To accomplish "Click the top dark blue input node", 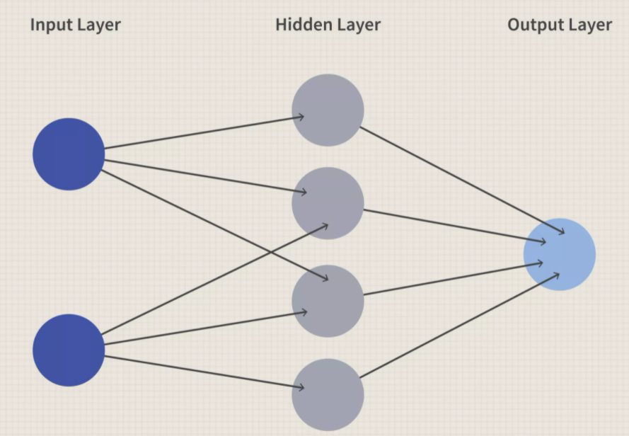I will [x=69, y=154].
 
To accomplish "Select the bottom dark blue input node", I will [x=69, y=350].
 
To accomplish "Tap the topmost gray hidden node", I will [x=328, y=110].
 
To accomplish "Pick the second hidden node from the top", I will [x=328, y=203].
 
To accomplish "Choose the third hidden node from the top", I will [x=328, y=301].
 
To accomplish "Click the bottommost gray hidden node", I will [x=328, y=394].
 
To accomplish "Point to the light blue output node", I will [x=559, y=254].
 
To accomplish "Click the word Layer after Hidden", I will [x=357, y=25].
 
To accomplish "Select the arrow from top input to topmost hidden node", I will [x=198, y=133].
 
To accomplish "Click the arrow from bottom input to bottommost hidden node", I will [x=198, y=372].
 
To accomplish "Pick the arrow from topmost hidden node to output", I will [x=460, y=180].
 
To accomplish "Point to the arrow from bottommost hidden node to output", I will [x=460, y=325].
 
